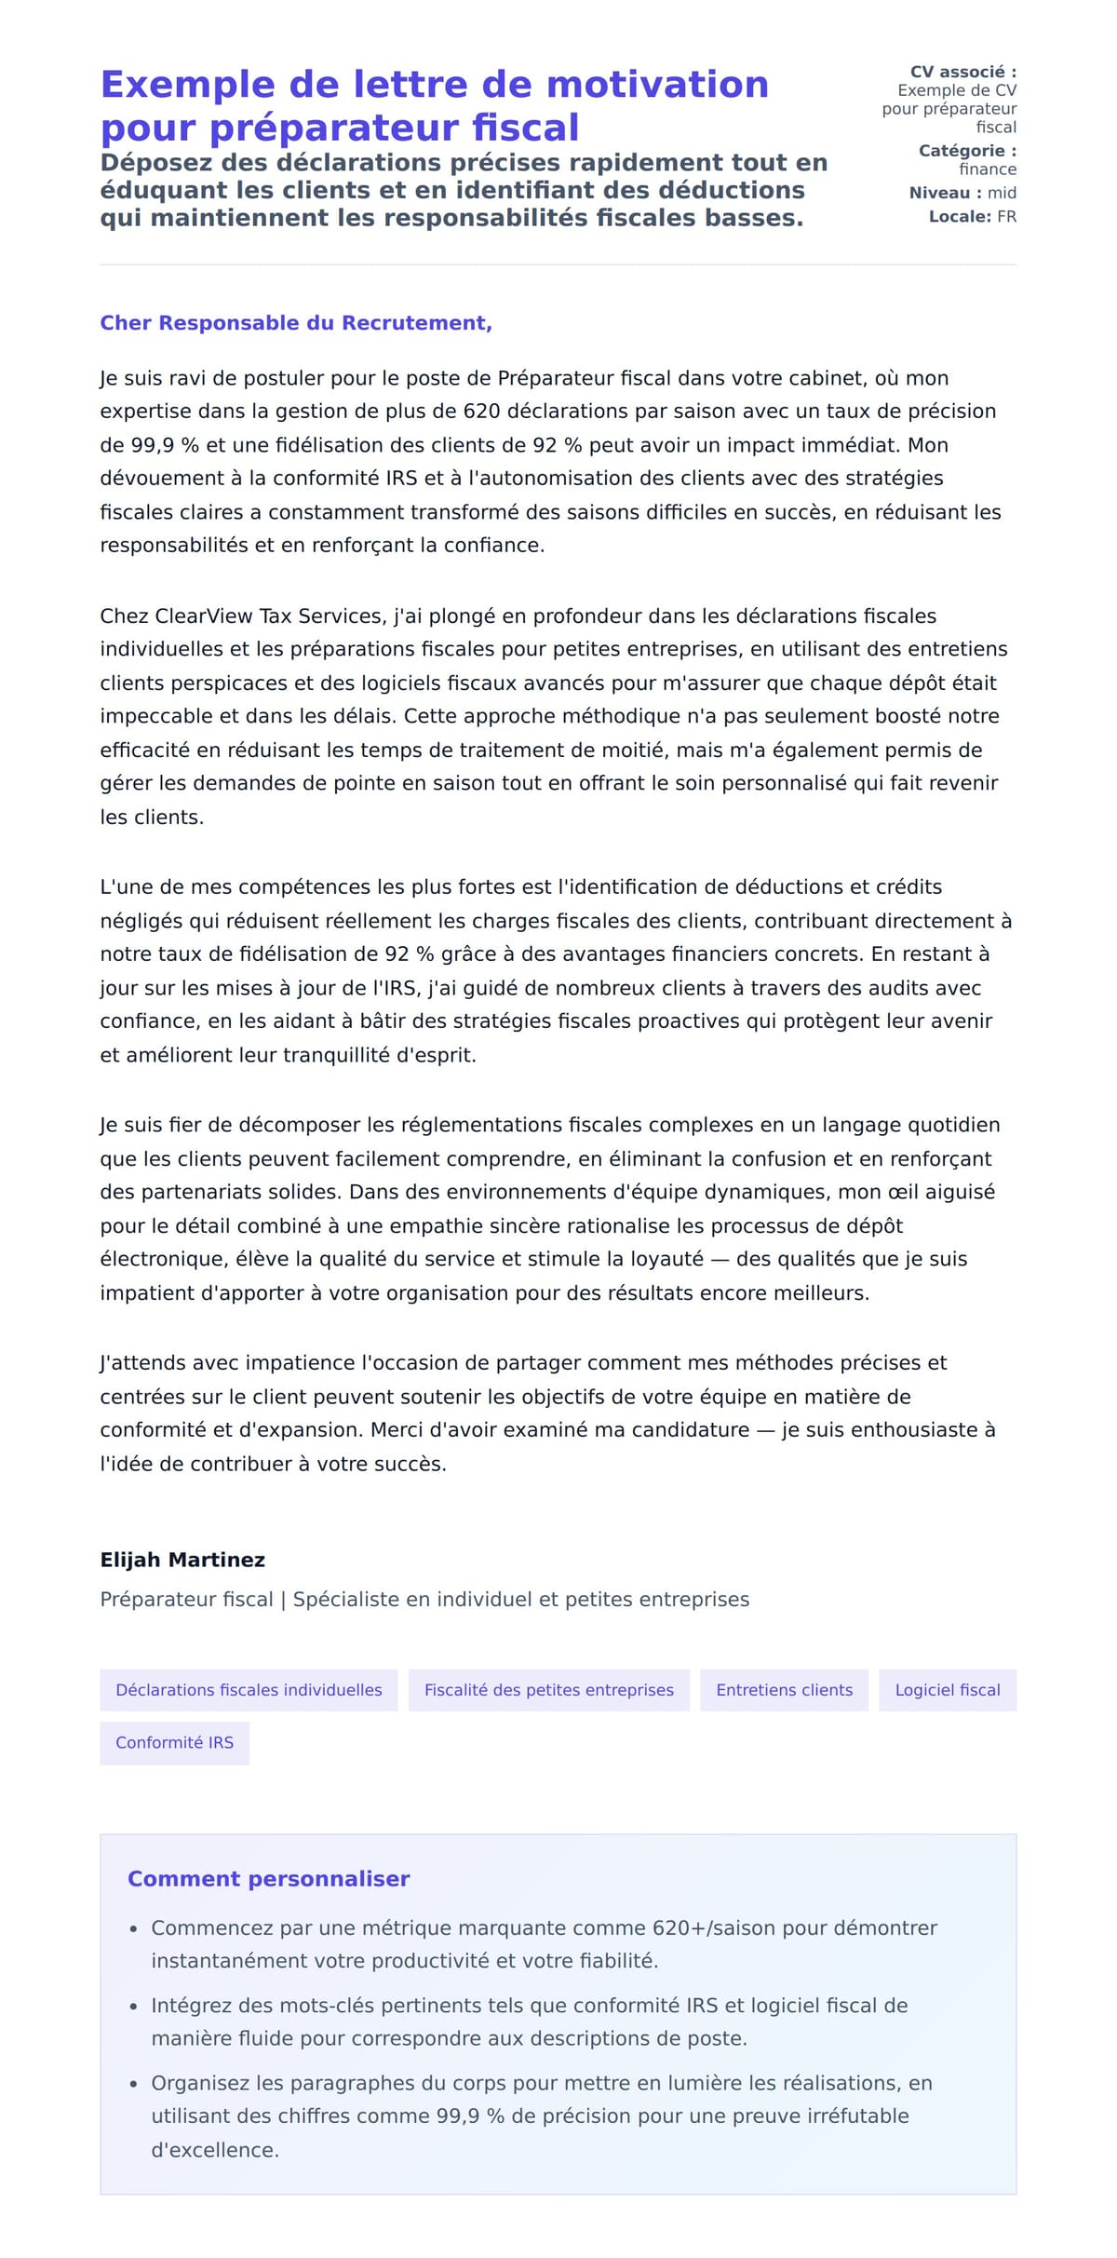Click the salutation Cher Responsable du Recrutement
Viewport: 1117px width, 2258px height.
coord(295,323)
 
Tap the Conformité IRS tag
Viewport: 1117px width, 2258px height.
coord(174,1742)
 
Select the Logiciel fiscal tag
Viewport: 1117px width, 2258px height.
coord(947,1690)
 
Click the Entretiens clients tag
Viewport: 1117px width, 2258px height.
coord(784,1690)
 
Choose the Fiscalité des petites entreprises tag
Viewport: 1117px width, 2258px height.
coord(548,1690)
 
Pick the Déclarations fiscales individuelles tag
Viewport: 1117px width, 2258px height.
coord(249,1690)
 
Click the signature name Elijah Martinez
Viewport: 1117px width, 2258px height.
coord(182,1560)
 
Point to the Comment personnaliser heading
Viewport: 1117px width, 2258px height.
coord(268,1879)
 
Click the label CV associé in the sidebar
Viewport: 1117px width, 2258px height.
coord(962,72)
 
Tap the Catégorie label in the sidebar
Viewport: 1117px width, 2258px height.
coord(967,151)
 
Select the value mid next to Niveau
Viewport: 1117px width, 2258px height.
coord(1002,193)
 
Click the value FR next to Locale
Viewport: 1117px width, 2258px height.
coord(1006,217)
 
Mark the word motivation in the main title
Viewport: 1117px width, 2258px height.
coord(657,85)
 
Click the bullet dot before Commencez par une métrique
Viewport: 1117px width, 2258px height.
coord(133,1929)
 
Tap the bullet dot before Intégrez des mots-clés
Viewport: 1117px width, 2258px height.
coord(133,2007)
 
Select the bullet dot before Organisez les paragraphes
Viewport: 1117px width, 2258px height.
coord(133,2085)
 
